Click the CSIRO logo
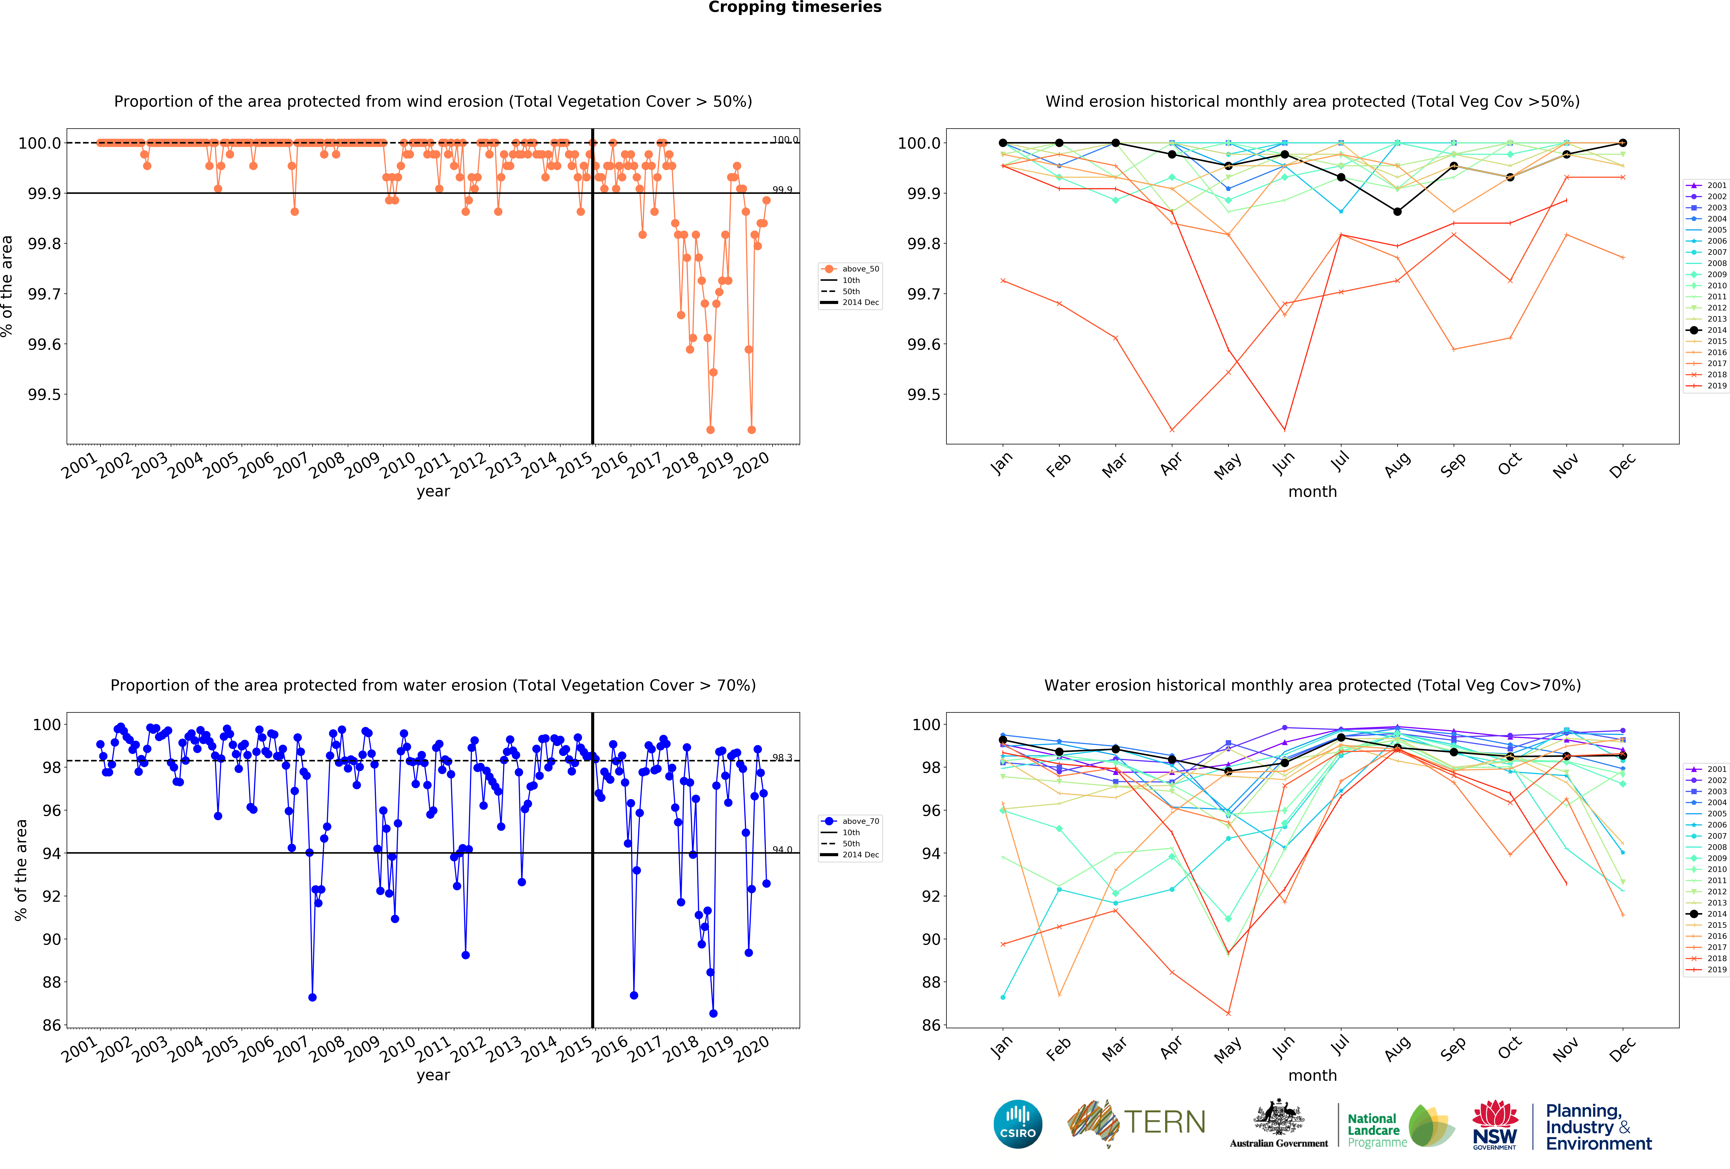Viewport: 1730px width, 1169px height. click(x=1018, y=1124)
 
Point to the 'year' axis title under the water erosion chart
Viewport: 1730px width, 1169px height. click(x=433, y=1075)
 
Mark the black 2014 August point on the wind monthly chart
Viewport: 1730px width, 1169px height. click(x=1397, y=211)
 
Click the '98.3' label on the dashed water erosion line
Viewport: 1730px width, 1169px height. click(x=782, y=757)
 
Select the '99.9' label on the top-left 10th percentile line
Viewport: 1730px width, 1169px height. click(x=782, y=190)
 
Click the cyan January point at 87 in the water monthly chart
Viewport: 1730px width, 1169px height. click(x=1003, y=997)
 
